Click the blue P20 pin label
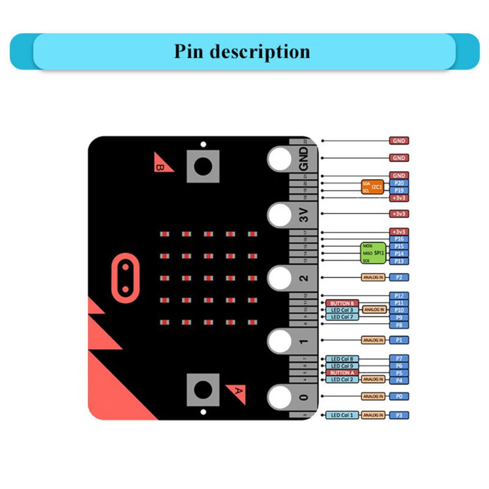coord(399,183)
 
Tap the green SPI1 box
coord(373,253)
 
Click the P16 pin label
coord(399,239)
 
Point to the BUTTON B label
coord(342,303)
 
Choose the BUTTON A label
coord(342,373)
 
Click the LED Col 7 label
coord(342,317)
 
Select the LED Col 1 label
coord(342,416)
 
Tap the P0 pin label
coord(399,397)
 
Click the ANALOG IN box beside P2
coord(373,278)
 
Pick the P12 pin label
coord(399,296)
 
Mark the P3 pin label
coord(399,416)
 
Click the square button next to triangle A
coord(203,389)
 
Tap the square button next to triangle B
coord(203,165)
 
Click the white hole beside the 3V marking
coord(280,215)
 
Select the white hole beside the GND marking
coord(280,160)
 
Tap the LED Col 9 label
coord(342,366)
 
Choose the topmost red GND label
coord(399,141)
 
